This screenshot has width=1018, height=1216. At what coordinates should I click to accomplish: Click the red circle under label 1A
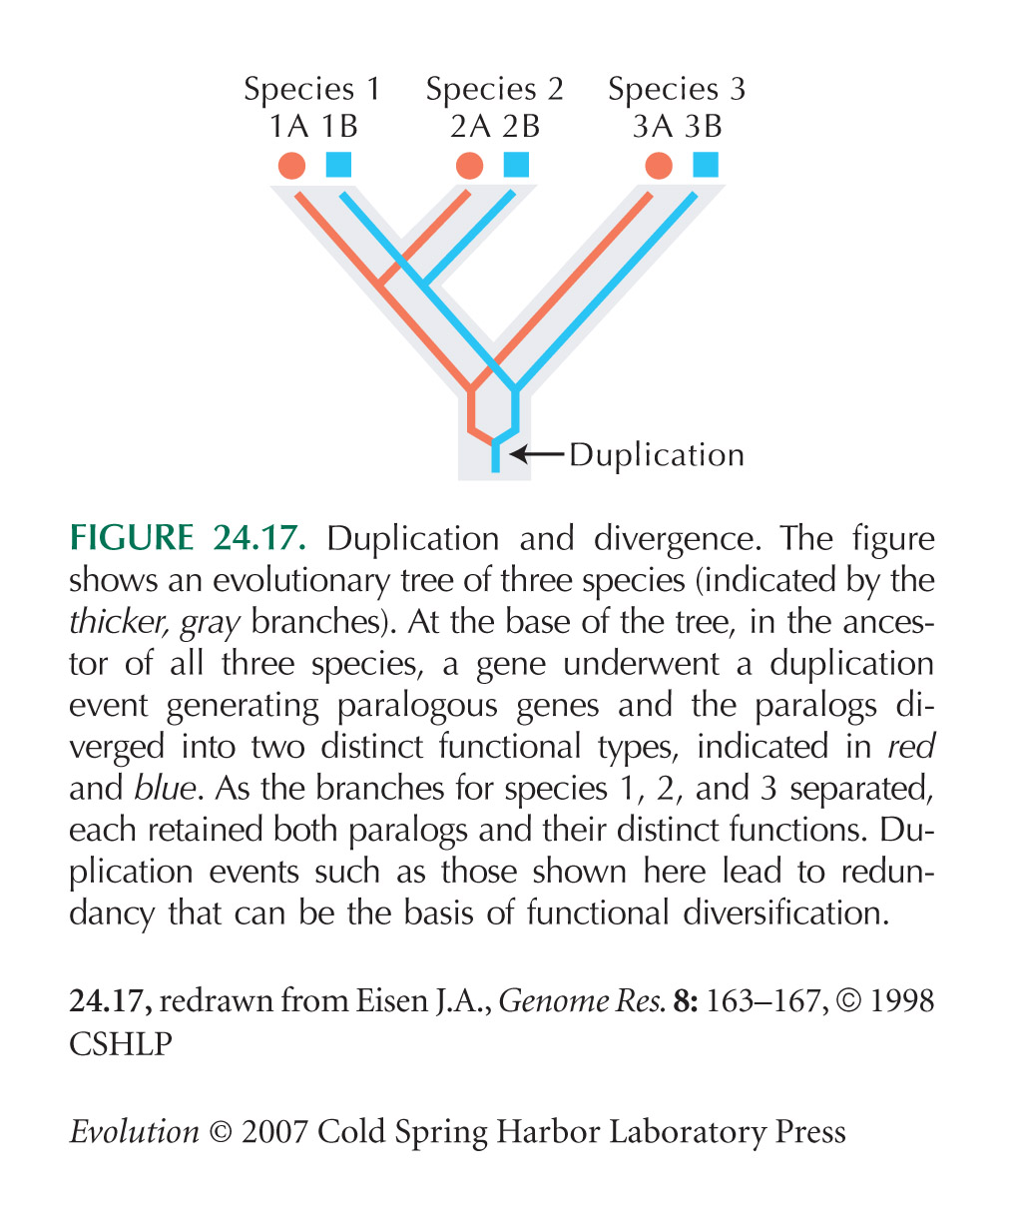[x=291, y=166]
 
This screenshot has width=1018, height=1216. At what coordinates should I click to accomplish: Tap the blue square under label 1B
[x=338, y=164]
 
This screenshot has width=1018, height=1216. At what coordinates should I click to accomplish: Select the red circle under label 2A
[x=469, y=166]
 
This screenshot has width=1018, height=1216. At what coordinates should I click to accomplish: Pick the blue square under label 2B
[x=516, y=164]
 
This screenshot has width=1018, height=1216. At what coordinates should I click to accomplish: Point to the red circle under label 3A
[x=659, y=166]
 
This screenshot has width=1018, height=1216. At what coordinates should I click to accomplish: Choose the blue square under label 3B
[x=706, y=164]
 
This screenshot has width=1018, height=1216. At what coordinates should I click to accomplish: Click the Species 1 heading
[x=312, y=90]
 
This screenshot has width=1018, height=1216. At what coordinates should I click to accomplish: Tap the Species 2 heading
[x=494, y=90]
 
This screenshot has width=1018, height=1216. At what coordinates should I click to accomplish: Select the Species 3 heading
[x=677, y=90]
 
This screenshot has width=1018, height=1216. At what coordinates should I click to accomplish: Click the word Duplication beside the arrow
[x=657, y=455]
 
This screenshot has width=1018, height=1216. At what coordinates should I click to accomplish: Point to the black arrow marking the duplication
[x=536, y=453]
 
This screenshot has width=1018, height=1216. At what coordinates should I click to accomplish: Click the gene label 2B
[x=521, y=127]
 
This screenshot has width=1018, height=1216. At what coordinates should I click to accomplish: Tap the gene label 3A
[x=653, y=127]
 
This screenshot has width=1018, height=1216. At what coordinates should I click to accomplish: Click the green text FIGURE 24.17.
[x=188, y=537]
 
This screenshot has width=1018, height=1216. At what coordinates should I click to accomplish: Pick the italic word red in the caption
[x=910, y=747]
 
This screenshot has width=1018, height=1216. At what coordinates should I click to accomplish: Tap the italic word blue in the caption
[x=167, y=789]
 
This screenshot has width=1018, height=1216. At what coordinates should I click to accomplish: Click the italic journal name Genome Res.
[x=582, y=1000]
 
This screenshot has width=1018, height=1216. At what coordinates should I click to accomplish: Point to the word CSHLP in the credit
[x=121, y=1043]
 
